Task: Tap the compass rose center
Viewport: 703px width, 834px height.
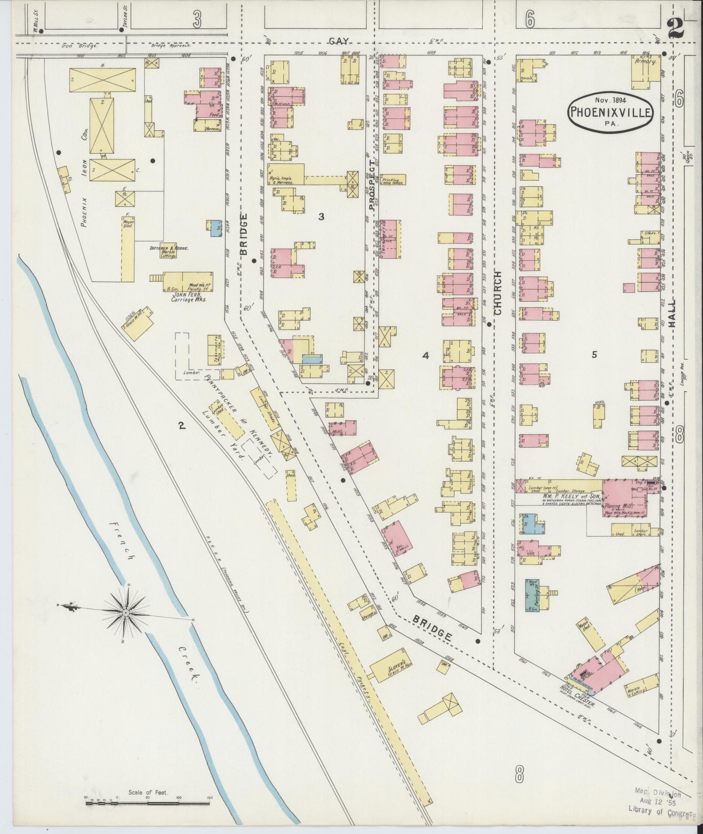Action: (126, 613)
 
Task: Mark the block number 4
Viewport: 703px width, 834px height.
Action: (425, 356)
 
